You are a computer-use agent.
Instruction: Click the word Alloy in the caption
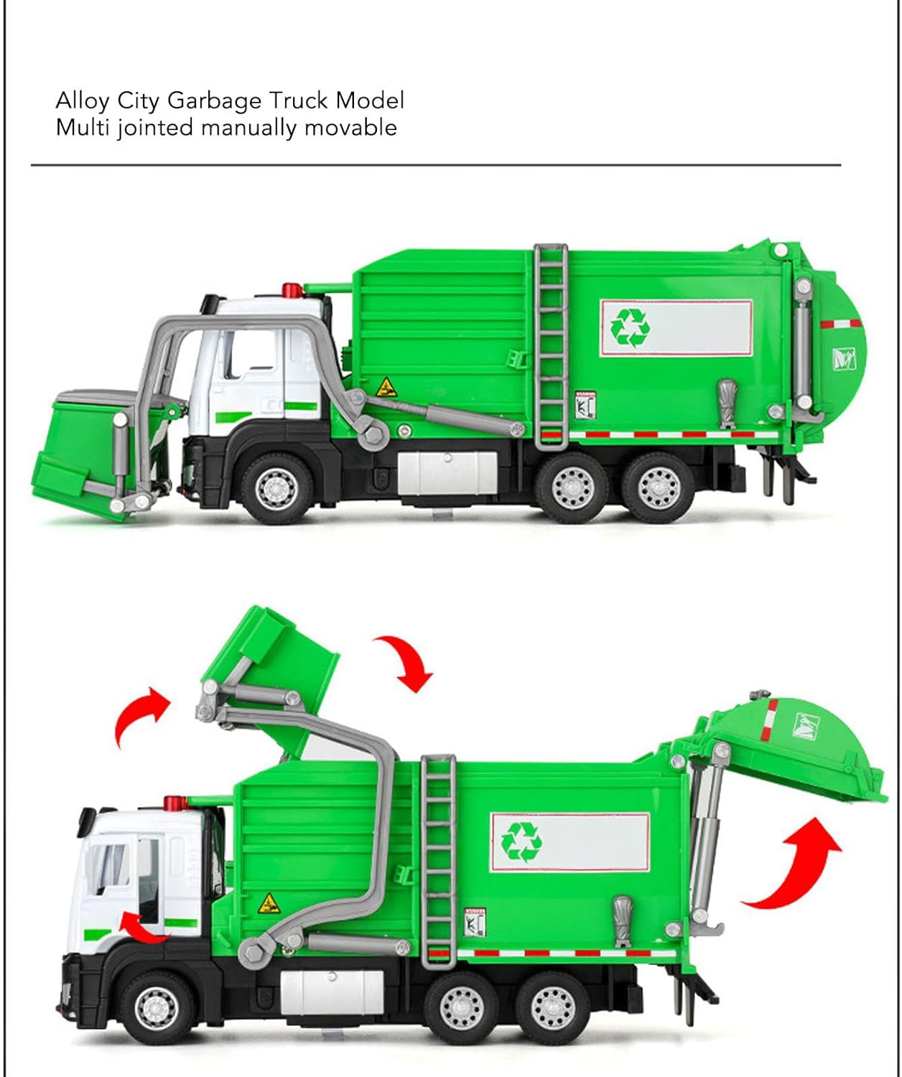82,101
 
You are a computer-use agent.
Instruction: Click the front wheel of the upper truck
277,488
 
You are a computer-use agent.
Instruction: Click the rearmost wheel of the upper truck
658,488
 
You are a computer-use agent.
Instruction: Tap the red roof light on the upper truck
292,290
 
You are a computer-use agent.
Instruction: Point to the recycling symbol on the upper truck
630,327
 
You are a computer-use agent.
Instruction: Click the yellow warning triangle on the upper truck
386,388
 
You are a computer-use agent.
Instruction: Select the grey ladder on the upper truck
551,347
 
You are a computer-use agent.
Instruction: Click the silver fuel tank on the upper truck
447,472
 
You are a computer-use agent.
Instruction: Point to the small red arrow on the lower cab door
142,927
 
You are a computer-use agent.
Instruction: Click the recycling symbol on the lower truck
521,842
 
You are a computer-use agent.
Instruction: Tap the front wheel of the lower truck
157,1008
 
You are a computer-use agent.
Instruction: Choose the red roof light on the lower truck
175,803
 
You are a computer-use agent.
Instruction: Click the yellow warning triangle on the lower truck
269,903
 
